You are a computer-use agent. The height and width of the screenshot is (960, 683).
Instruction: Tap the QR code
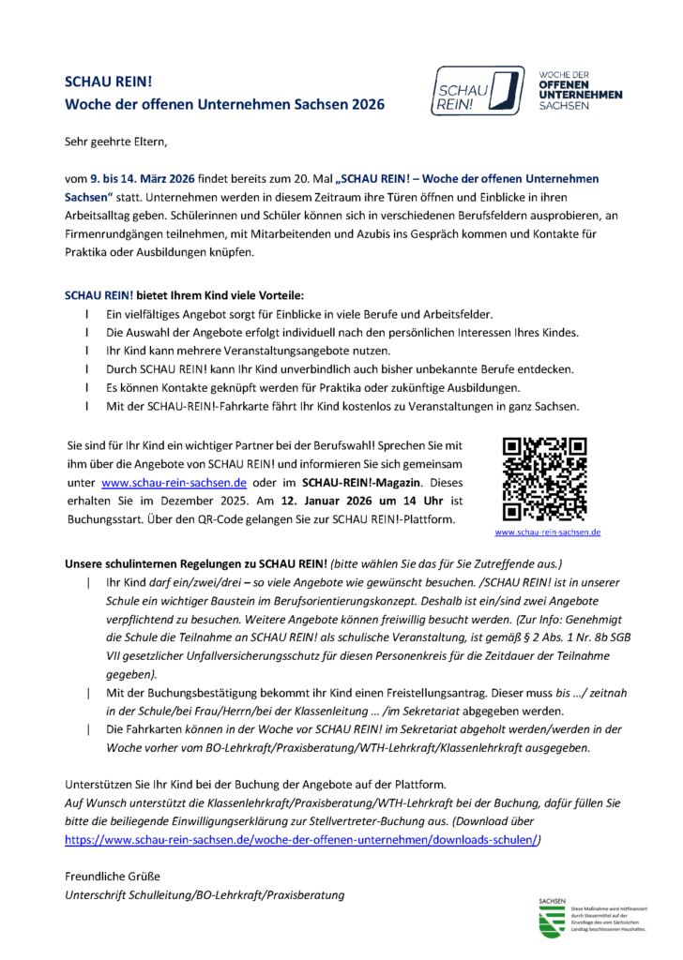[x=544, y=478]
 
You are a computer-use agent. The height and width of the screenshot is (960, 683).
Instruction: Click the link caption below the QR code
[x=548, y=532]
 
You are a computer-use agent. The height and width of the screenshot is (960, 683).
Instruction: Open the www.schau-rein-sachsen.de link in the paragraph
[x=174, y=484]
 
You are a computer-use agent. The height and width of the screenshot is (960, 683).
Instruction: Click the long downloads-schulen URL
[x=300, y=841]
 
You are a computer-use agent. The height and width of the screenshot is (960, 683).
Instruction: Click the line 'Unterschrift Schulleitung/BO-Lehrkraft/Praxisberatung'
[x=204, y=895]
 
